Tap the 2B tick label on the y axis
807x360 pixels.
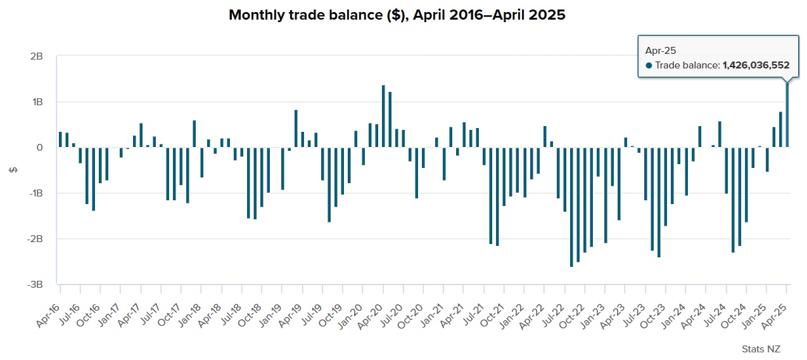35,56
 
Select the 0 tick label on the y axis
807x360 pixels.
39,148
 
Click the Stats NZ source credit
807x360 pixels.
761,349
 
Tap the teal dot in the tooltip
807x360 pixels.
649,65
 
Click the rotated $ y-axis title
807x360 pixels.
12,170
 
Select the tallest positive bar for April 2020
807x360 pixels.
383,117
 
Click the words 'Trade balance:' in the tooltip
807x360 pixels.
687,65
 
